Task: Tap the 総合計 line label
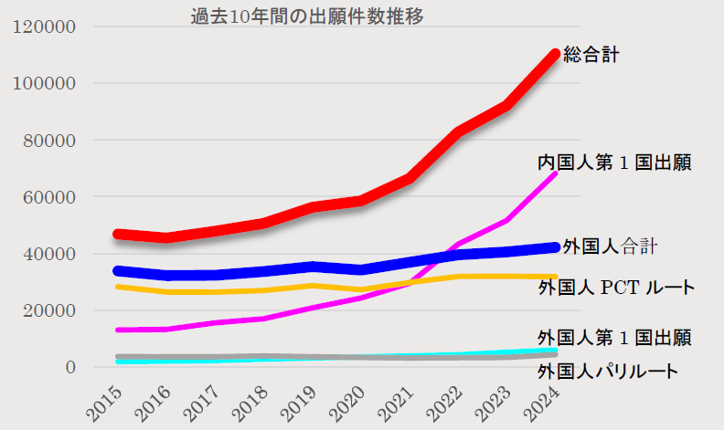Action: [591, 55]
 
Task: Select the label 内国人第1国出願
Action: [613, 163]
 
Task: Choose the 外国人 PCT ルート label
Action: [616, 288]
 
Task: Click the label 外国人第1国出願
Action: [613, 337]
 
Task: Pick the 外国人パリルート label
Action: [608, 371]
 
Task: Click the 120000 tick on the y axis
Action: [45, 26]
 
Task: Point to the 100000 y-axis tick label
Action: [45, 84]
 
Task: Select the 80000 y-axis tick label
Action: [48, 141]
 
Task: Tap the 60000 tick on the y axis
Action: [48, 197]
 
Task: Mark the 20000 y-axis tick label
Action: [48, 310]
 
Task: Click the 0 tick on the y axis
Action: [69, 367]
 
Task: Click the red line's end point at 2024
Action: [555, 54]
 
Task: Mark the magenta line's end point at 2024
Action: [556, 172]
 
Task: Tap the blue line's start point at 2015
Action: [118, 270]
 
